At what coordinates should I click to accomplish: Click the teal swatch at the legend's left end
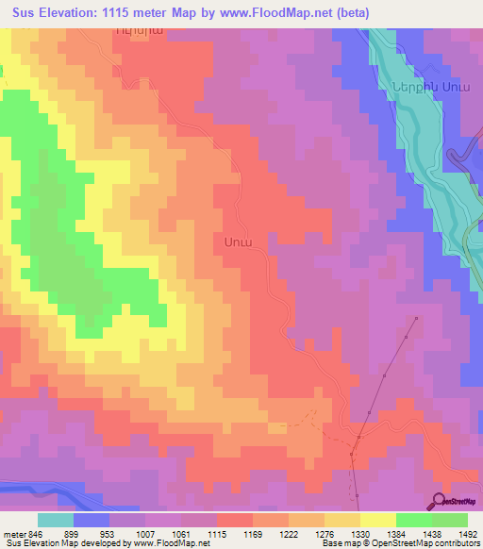point(55,520)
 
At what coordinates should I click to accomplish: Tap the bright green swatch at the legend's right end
point(449,520)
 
